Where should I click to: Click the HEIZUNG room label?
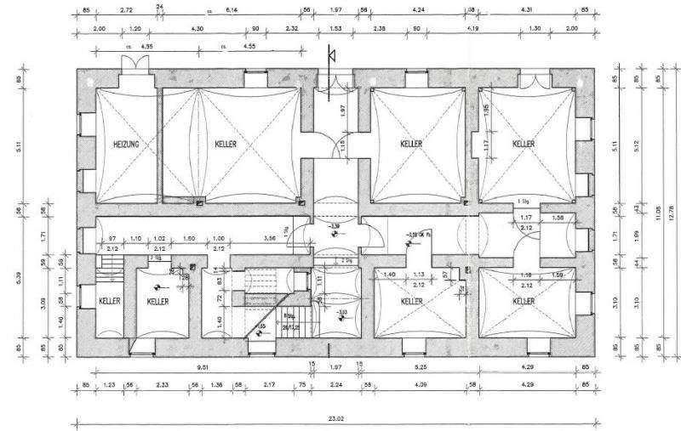(126, 145)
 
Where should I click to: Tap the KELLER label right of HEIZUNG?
(226, 145)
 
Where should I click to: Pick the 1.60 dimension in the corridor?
(190, 239)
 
